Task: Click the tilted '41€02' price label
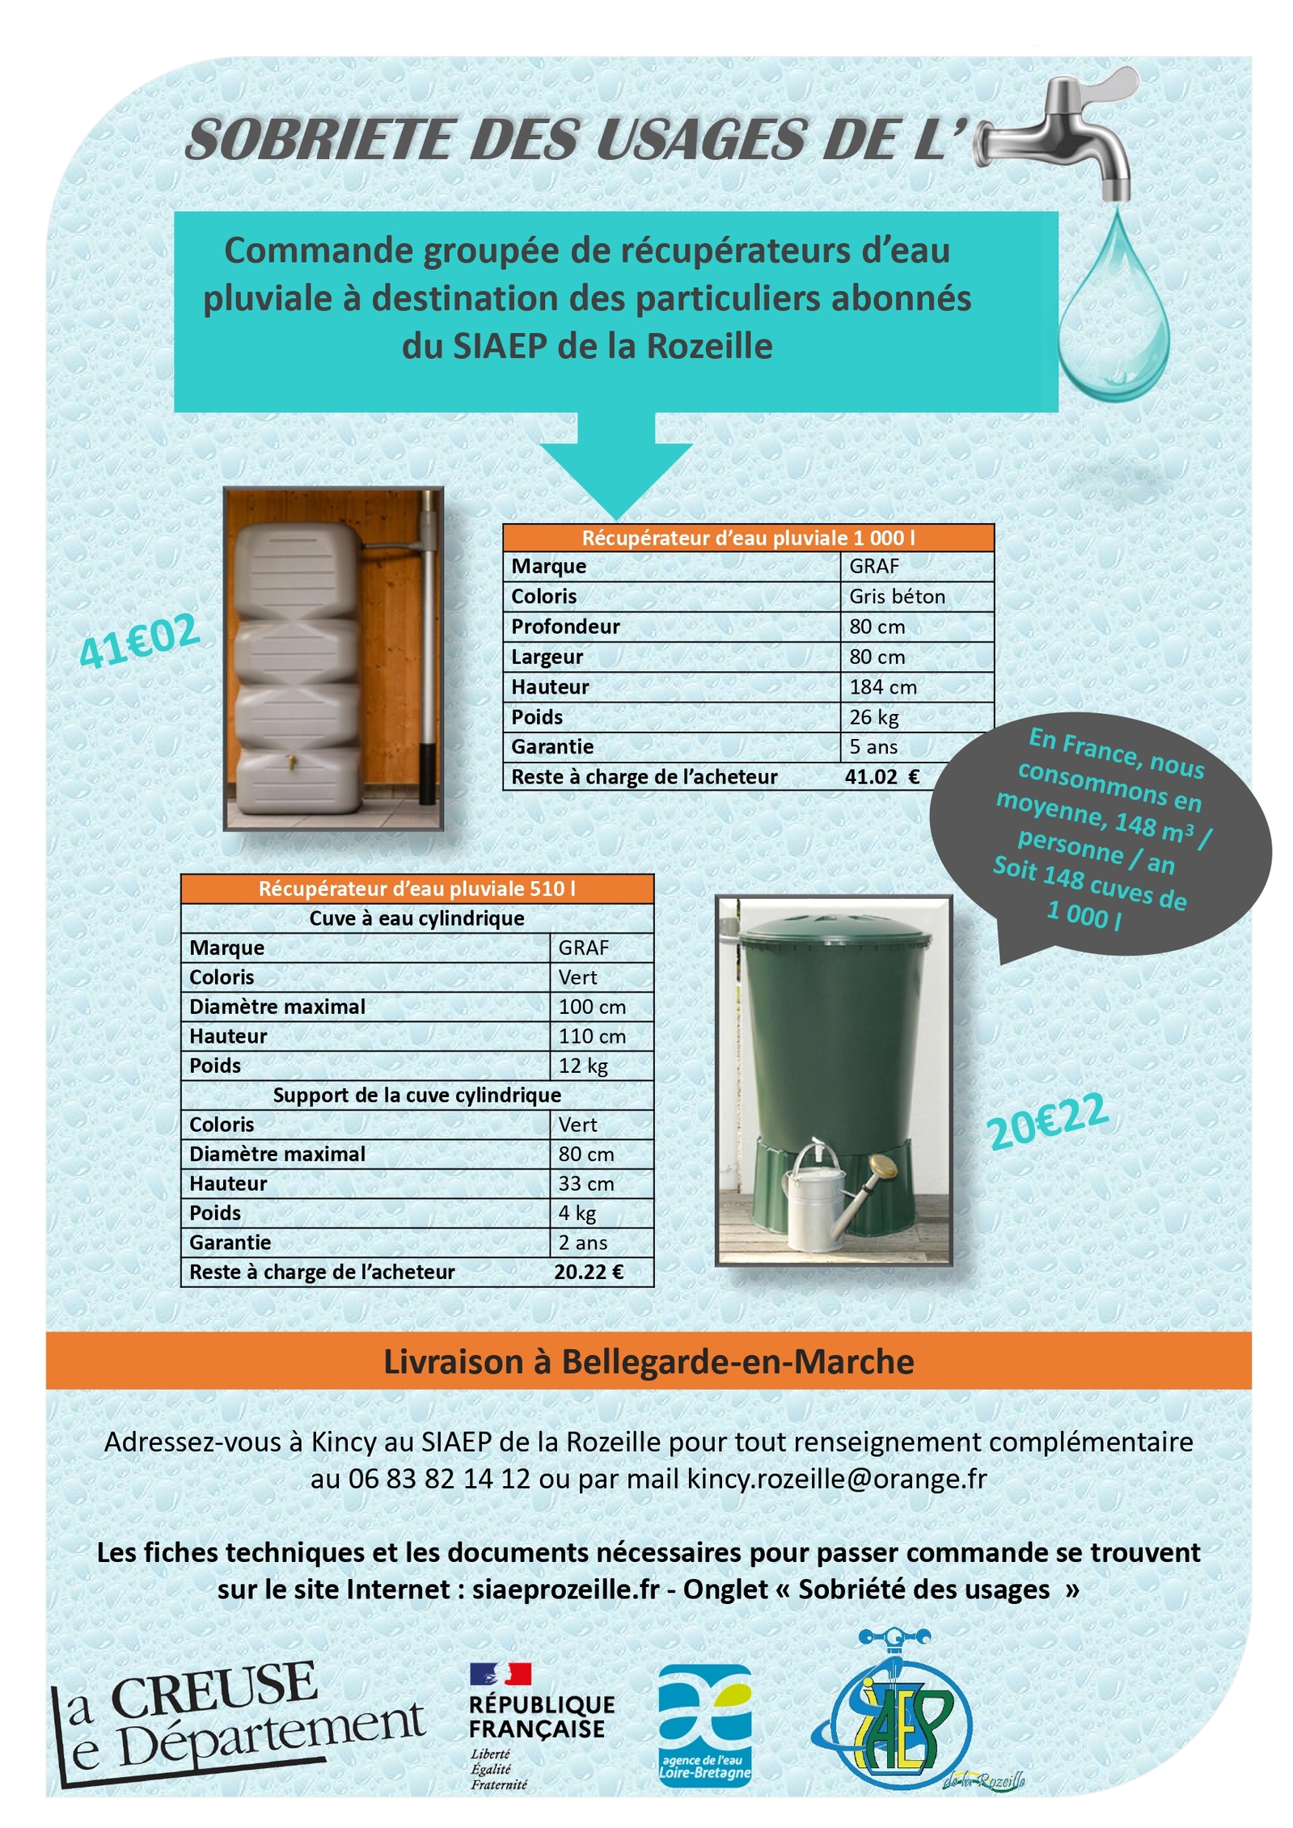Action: [139, 640]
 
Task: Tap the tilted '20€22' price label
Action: [1046, 1120]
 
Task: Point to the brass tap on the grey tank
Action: [289, 759]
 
